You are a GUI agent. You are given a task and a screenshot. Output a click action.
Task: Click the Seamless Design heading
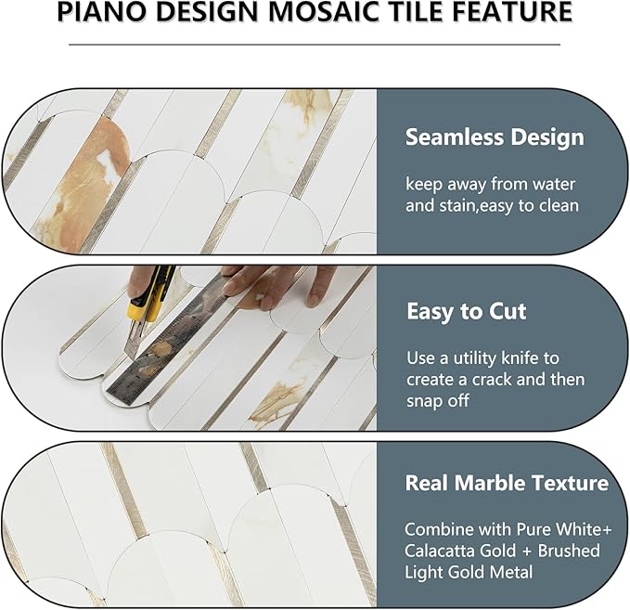494,137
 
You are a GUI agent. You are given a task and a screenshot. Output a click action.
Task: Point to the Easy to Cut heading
466,311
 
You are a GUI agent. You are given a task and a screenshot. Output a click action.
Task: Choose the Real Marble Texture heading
506,483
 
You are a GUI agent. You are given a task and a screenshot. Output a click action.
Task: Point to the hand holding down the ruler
278,283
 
